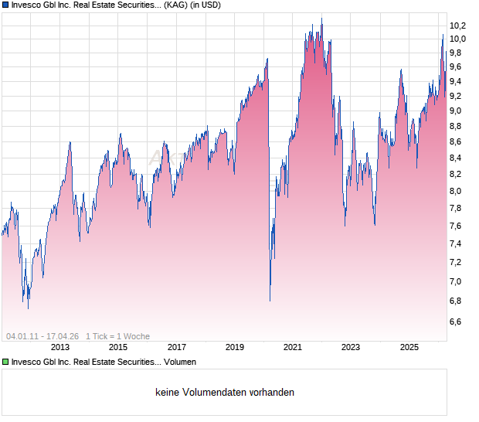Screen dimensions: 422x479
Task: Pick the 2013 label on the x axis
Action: pos(59,348)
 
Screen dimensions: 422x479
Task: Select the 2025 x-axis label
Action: pos(409,348)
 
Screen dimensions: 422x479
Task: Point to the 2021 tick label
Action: pos(292,348)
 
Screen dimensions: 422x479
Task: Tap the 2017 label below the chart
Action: pos(176,348)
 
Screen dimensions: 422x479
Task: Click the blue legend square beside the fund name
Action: pos(5,5)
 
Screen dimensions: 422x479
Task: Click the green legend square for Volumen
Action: pos(5,362)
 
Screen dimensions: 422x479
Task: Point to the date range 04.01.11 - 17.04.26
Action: pos(42,336)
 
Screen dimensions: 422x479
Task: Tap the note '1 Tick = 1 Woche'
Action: pos(118,336)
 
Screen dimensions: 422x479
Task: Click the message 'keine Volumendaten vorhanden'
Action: pos(225,393)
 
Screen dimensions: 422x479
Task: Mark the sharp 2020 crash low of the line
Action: pos(270,301)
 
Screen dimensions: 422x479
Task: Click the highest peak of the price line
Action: pos(321,19)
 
